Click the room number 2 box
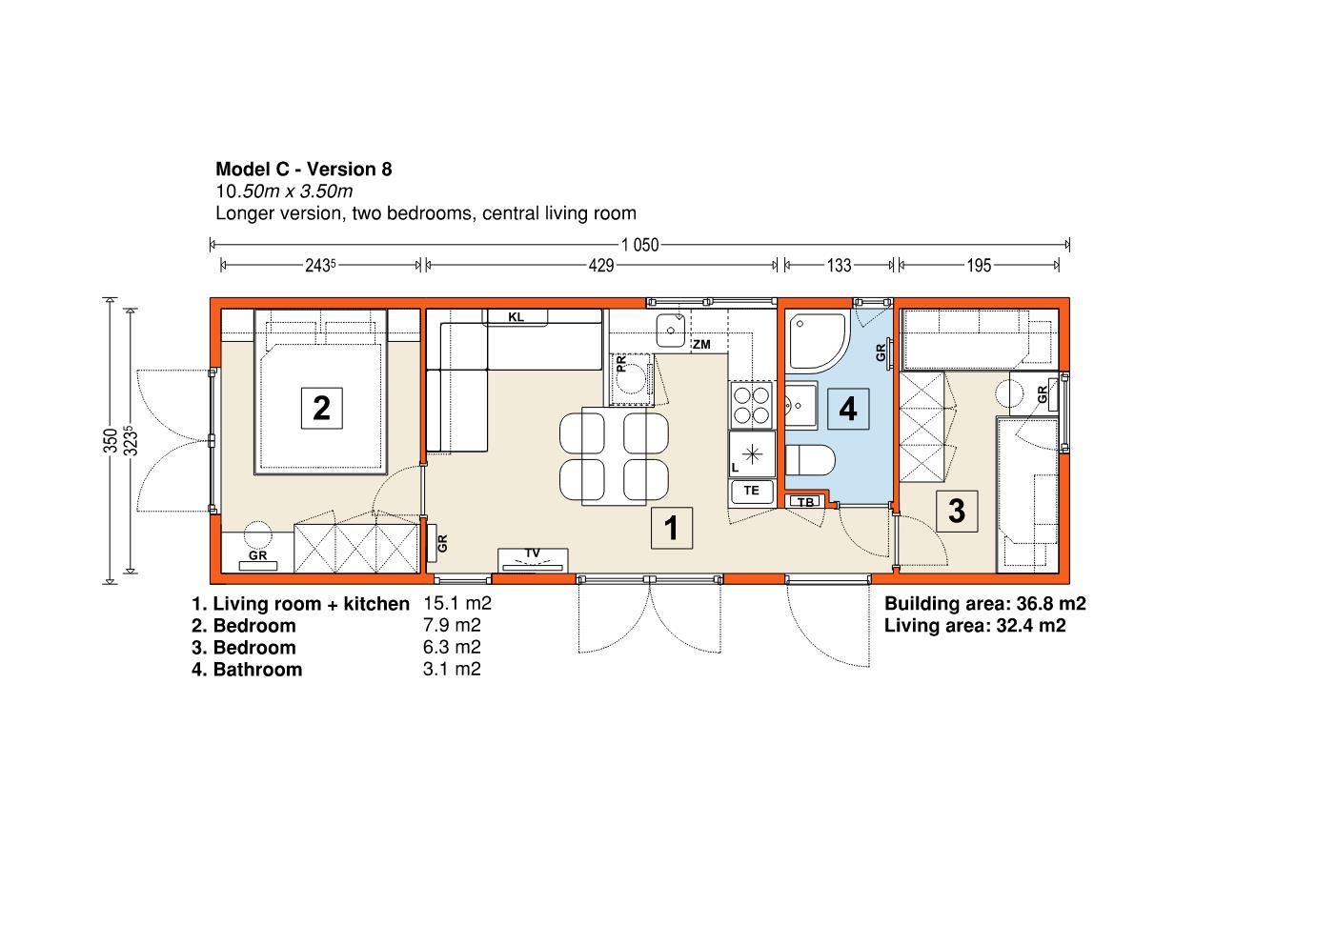coord(322,408)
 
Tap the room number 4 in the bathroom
coord(848,409)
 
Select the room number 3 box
coord(957,512)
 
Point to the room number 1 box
coord(672,528)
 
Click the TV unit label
coord(533,553)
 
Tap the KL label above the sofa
coord(516,317)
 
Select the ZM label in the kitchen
coord(702,344)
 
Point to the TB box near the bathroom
coord(805,502)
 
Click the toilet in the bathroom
coord(809,460)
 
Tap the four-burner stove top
coord(752,405)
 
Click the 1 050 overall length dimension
coord(639,245)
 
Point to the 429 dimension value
coord(601,266)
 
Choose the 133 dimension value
coord(840,266)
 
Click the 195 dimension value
coord(979,266)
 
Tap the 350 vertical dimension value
coord(111,440)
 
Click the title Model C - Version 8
coord(304,170)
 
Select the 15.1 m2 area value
coord(457,603)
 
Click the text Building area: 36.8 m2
coord(984,603)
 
